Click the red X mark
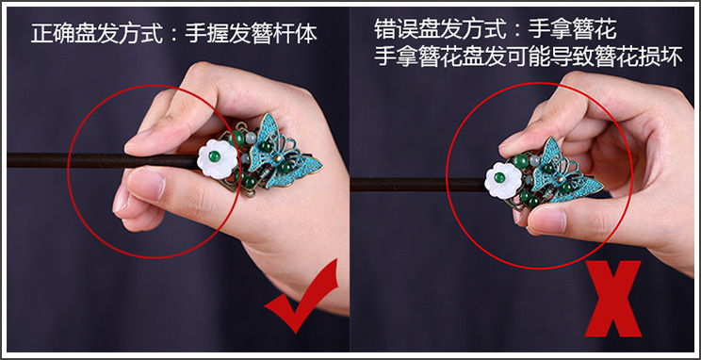coord(613,299)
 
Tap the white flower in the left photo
coord(218,158)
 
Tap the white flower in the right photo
coord(503,180)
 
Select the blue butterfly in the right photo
coord(567,173)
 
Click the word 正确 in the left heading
coord(53,33)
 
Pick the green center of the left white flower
coord(215,156)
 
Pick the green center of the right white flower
coord(500,177)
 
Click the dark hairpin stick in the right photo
coord(418,185)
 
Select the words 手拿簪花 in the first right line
coord(572,30)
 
